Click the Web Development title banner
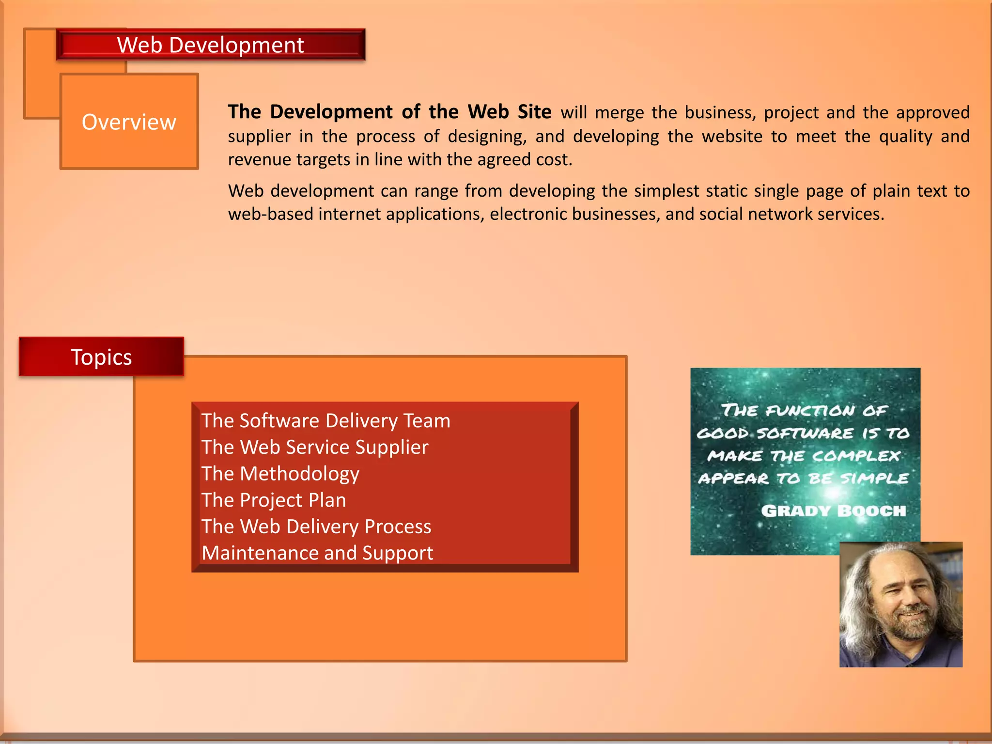[x=210, y=45]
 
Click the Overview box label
[x=129, y=122]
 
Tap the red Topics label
[x=101, y=357]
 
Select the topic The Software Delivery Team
[x=325, y=420]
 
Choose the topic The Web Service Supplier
[x=315, y=447]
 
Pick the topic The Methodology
[x=280, y=474]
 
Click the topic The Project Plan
[x=274, y=500]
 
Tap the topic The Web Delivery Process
[x=316, y=527]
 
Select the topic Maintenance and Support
[x=317, y=553]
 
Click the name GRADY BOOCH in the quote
[x=833, y=511]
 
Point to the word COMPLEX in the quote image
[x=855, y=456]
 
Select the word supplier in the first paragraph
[x=259, y=136]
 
